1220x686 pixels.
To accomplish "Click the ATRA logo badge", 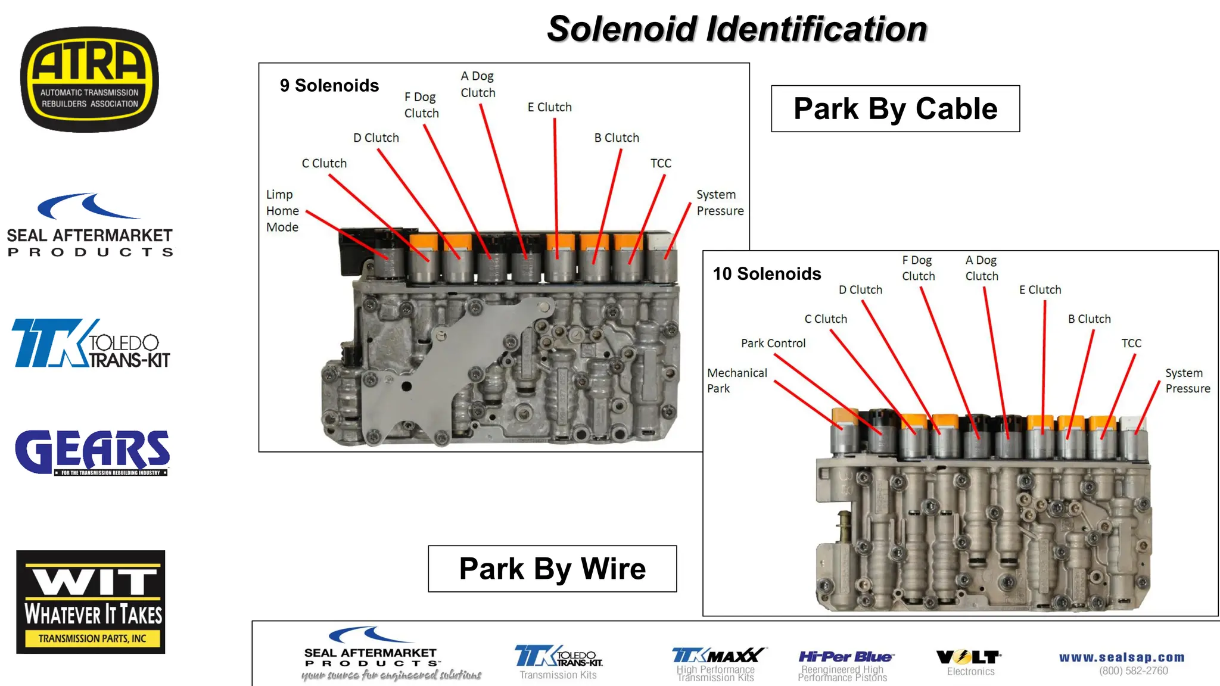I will tap(89, 79).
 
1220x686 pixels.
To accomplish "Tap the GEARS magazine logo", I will tap(92, 453).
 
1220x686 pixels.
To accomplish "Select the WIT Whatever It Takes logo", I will tap(91, 601).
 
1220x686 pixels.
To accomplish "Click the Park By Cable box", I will tap(895, 109).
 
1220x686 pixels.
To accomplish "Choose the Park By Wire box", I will tap(552, 569).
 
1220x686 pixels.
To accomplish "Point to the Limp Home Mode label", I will tap(282, 211).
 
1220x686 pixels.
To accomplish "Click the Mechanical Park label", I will tap(736, 381).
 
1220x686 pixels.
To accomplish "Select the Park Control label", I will tap(773, 344).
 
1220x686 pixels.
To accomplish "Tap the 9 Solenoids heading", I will tap(329, 86).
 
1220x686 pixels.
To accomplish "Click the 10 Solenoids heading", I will tap(767, 274).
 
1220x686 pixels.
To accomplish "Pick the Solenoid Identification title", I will tap(737, 29).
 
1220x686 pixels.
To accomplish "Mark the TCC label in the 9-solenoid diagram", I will tap(661, 163).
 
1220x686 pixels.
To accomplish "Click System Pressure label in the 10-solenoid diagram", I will tap(1187, 381).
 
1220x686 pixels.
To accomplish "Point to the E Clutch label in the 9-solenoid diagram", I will tap(549, 107).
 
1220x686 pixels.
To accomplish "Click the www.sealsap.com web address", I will tap(1122, 657).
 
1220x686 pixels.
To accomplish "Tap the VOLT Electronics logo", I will tap(970, 662).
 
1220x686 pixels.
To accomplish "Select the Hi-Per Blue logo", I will tap(845, 664).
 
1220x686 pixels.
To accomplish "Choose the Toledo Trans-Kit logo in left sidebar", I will tap(91, 344).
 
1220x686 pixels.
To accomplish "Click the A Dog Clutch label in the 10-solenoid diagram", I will tap(981, 268).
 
